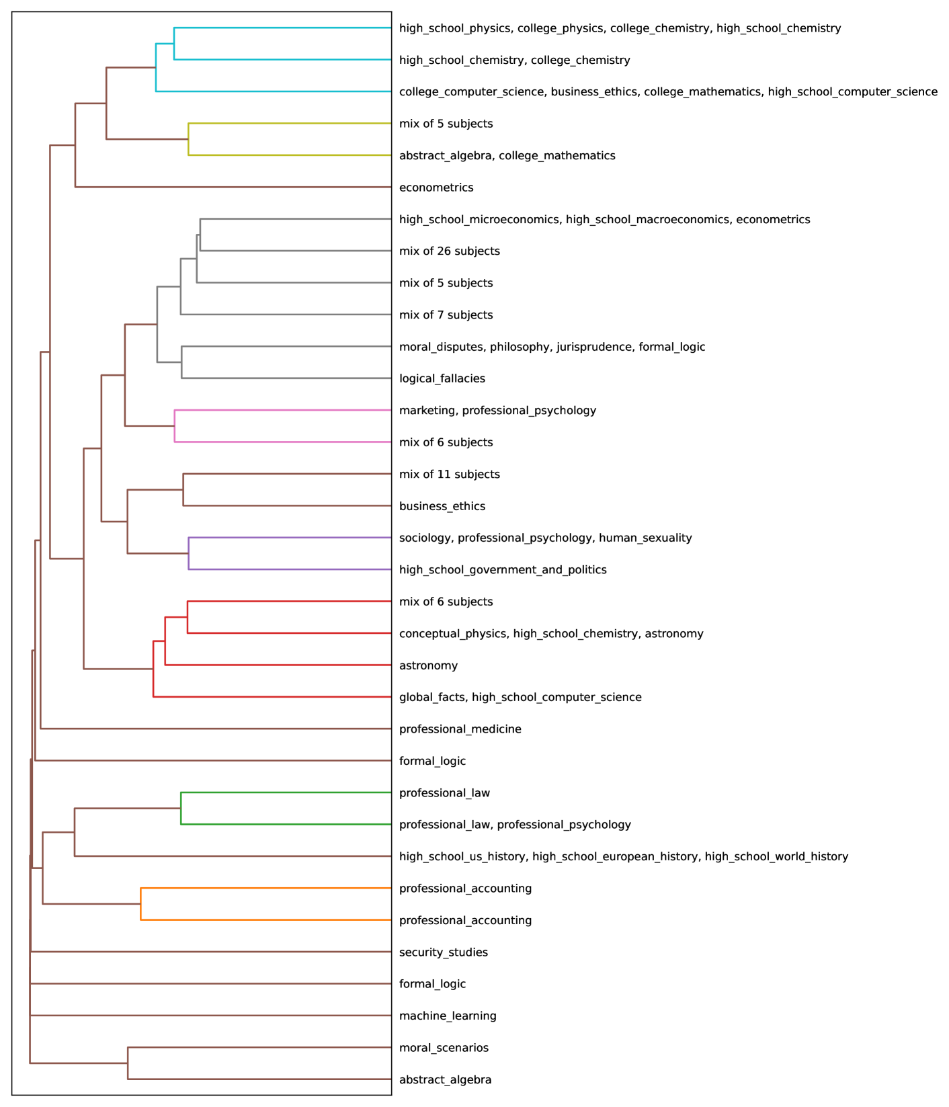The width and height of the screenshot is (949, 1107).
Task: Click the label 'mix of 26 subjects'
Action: point(449,251)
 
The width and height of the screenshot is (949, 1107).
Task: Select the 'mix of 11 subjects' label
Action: point(449,475)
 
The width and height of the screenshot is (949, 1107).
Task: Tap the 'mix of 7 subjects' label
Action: point(446,315)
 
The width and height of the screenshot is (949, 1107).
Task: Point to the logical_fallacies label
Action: point(442,378)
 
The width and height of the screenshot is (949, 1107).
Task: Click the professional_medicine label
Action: point(460,729)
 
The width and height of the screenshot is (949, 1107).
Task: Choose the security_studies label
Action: point(443,952)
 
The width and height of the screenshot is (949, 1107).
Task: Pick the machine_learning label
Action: point(448,1016)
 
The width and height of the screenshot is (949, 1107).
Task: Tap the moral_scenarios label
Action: point(444,1048)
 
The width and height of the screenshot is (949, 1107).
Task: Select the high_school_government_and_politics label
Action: point(502,570)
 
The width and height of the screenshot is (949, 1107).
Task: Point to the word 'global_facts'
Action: point(432,698)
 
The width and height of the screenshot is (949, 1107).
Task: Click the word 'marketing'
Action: point(427,411)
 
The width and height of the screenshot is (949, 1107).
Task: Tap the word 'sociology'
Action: point(425,538)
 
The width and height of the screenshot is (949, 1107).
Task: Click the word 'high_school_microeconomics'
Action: point(479,220)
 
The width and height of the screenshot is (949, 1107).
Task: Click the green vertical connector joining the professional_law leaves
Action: point(181,809)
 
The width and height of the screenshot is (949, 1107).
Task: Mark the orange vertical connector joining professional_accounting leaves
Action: point(140,904)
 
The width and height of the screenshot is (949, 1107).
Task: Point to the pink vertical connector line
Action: point(175,426)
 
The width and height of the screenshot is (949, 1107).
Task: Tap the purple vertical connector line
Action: point(189,554)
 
